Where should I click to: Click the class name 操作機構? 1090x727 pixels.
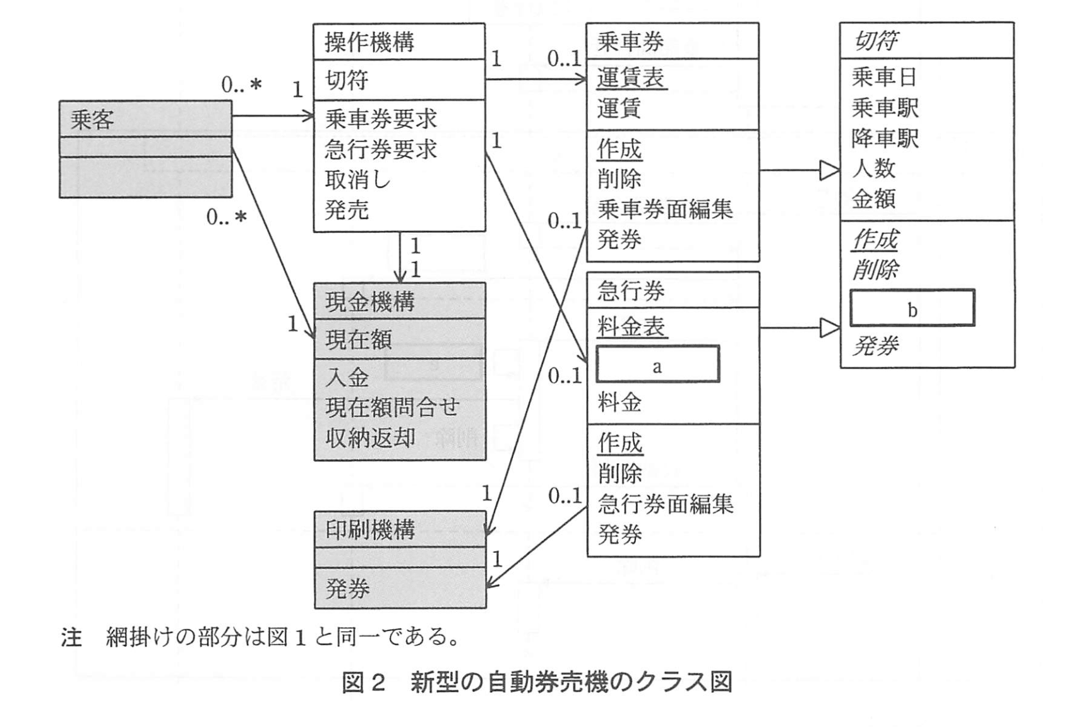coord(369,42)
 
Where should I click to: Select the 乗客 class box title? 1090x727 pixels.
coord(92,119)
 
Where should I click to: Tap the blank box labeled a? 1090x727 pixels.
coord(657,364)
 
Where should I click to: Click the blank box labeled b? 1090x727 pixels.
coord(912,308)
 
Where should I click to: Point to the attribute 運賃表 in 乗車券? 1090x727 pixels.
coord(632,78)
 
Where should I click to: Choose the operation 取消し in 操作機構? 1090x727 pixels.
coord(357,180)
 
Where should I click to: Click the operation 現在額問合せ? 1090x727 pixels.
coord(392,407)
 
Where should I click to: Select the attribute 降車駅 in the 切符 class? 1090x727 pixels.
coord(885,138)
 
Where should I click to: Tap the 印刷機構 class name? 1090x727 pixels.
coord(370,529)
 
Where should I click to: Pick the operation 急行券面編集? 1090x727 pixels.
coord(665,504)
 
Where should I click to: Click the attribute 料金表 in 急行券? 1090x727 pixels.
coord(632,326)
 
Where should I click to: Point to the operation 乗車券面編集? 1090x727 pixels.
coord(665,209)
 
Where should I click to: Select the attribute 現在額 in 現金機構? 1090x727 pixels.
coord(358,340)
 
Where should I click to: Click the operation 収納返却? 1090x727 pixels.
coord(370,437)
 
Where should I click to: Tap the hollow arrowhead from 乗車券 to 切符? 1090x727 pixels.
coord(829,170)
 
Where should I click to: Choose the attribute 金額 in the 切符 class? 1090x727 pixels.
coord(873,199)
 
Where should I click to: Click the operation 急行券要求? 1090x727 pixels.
coord(381,150)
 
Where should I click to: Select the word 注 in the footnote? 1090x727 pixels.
coord(71,637)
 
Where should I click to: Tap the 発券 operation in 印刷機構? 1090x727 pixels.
coord(347,589)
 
